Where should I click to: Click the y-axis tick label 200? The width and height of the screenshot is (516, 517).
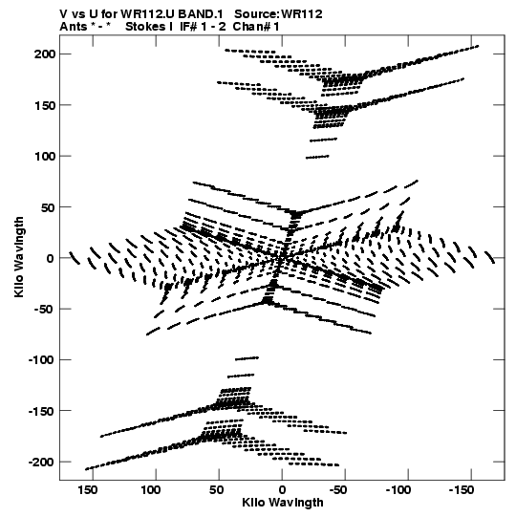tap(45, 54)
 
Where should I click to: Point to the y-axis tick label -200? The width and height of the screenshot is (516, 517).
tap(41, 462)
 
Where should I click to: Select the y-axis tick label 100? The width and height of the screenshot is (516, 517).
tap(45, 156)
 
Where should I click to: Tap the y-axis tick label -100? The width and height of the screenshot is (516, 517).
tap(41, 359)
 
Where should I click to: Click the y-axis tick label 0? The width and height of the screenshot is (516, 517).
tap(50, 258)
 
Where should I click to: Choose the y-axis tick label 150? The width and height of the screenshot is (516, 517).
tap(45, 105)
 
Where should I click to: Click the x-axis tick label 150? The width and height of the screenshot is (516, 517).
tap(88, 490)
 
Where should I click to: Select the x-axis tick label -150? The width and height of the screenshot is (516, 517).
tap(462, 490)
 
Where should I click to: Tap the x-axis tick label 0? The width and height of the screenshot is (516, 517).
tap(282, 490)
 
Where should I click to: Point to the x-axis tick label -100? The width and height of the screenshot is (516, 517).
tap(398, 490)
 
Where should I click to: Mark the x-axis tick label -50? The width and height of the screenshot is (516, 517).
tap(338, 490)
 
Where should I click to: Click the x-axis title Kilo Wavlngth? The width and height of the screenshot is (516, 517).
tap(283, 503)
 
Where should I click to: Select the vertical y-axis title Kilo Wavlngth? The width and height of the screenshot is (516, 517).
tap(19, 257)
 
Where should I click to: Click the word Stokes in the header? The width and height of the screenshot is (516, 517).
tap(145, 27)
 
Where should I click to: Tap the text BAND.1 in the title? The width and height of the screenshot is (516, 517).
tap(201, 14)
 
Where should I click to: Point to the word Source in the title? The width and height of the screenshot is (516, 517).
tap(256, 14)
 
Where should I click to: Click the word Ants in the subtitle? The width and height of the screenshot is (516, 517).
tap(74, 27)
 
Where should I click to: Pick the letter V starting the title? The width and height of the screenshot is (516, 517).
tap(63, 14)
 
